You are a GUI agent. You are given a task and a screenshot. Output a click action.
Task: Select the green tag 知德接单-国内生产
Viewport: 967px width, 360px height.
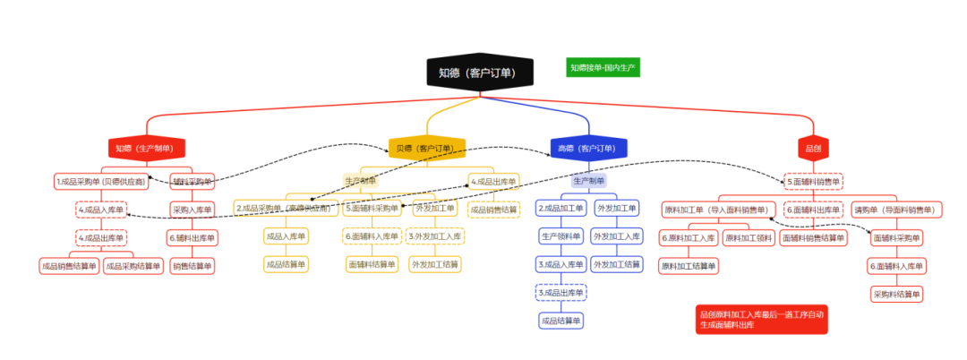603,67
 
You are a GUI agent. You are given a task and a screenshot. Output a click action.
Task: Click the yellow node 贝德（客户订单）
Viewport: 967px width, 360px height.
427,148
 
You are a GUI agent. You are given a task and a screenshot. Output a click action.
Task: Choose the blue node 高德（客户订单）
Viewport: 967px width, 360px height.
587,148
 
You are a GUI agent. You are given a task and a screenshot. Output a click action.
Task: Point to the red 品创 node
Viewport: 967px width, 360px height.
813,148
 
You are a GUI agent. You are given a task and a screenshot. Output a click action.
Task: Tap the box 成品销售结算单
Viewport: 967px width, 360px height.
68,266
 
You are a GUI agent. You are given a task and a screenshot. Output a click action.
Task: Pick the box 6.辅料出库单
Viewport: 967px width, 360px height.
191,238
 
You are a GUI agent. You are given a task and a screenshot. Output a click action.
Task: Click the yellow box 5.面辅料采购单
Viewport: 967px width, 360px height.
372,209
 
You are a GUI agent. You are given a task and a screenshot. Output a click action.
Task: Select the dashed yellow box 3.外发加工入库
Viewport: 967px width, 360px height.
435,236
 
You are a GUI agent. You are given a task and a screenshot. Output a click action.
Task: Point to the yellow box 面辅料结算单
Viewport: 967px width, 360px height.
372,264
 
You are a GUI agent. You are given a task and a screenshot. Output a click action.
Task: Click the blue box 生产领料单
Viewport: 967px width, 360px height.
561,236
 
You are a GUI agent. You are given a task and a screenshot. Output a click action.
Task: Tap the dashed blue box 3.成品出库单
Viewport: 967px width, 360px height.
561,293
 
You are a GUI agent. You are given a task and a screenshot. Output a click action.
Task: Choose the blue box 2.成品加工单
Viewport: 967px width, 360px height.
561,209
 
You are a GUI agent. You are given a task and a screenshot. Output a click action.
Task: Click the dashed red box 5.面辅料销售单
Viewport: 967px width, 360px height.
813,182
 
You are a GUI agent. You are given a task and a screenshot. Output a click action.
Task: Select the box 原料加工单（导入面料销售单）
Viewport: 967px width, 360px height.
719,210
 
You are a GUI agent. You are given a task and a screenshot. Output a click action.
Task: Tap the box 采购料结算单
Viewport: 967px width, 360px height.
896,294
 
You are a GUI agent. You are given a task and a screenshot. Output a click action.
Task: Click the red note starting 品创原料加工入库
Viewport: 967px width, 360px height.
761,320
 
